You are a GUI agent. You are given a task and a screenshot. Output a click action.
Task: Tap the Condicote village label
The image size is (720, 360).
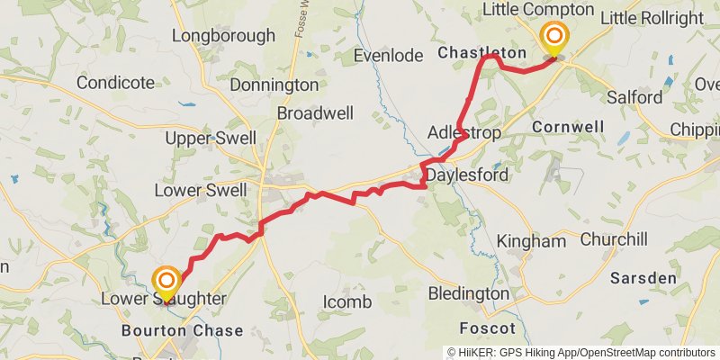point(115,83)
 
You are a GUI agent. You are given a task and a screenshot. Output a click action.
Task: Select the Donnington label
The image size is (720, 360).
point(274,85)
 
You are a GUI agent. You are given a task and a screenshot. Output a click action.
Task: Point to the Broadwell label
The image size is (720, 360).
point(316,114)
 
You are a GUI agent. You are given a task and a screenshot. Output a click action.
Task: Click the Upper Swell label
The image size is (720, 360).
point(211,139)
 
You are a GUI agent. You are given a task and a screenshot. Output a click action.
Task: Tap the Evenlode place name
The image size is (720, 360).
point(388,56)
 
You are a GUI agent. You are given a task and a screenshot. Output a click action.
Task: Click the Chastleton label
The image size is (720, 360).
point(481,54)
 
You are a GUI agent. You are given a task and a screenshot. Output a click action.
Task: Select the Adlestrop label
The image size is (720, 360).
point(463,132)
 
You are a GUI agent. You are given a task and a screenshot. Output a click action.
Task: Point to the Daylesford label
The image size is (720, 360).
point(467,175)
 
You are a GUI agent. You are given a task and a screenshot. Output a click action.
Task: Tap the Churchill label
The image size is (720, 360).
point(614,240)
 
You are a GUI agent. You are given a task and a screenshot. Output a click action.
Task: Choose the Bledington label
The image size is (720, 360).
point(468,293)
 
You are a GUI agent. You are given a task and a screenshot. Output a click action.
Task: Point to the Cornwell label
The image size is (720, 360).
point(568,127)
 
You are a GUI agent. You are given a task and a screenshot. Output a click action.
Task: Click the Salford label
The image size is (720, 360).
point(634,97)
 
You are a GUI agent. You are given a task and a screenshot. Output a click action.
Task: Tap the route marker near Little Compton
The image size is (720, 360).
point(553,38)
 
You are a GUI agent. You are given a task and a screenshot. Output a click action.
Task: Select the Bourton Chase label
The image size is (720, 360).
point(183,331)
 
